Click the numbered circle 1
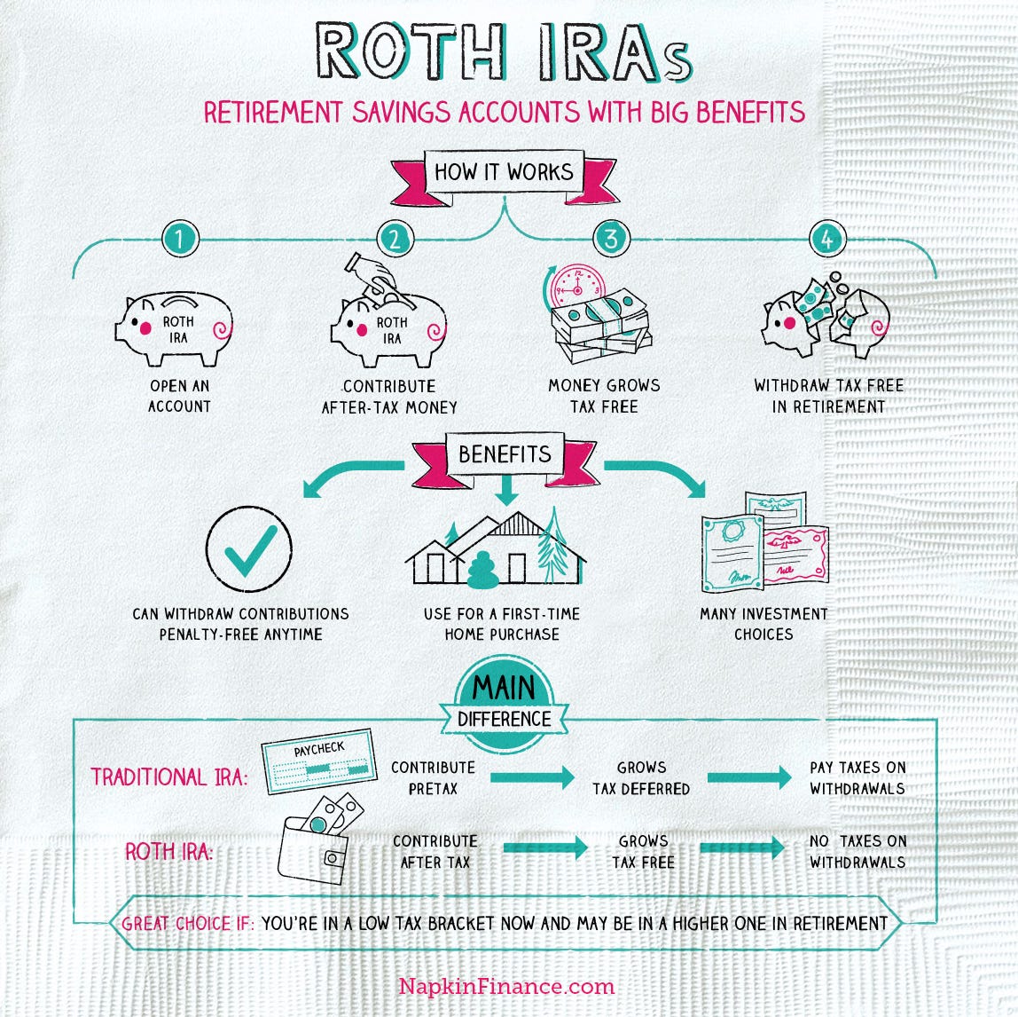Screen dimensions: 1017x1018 coord(181,238)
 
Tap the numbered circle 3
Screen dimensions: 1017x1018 coord(610,238)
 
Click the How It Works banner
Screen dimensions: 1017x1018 coord(504,172)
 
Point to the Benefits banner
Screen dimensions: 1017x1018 coord(504,454)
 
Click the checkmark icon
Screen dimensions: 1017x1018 coord(248,548)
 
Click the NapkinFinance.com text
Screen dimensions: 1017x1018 coord(506,986)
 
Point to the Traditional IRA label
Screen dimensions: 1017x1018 coord(169,777)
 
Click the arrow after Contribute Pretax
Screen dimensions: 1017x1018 coord(531,777)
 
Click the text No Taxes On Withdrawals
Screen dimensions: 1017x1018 coord(857,851)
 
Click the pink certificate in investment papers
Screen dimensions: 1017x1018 coord(795,555)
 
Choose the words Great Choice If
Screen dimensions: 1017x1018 coord(188,923)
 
